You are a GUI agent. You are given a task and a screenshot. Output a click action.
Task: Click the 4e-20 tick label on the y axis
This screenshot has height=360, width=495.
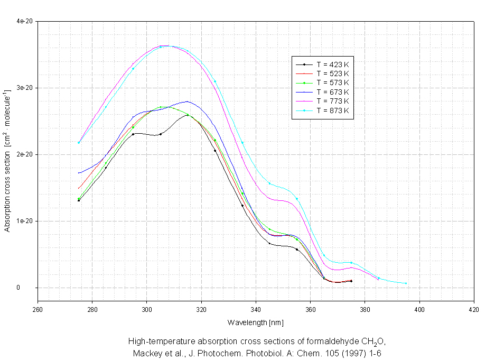(x=25, y=21)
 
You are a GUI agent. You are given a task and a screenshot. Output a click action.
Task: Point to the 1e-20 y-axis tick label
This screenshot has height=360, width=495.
(x=25, y=221)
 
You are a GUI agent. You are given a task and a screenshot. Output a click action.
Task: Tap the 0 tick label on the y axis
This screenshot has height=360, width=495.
(x=20, y=288)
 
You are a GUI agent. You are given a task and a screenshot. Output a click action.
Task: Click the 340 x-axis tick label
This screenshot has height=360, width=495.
(x=256, y=310)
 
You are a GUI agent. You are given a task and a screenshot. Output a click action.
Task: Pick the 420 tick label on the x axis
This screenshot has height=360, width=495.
(x=474, y=310)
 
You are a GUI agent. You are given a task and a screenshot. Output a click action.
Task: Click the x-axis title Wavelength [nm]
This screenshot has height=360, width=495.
(x=256, y=322)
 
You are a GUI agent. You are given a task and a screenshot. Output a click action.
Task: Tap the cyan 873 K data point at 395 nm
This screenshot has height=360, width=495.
(x=406, y=283)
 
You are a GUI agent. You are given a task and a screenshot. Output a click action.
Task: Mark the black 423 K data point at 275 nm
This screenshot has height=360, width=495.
(x=79, y=200)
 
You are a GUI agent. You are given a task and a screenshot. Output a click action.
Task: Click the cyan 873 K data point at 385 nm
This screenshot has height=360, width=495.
(x=379, y=279)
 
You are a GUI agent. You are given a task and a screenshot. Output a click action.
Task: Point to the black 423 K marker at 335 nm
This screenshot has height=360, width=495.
(x=242, y=206)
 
